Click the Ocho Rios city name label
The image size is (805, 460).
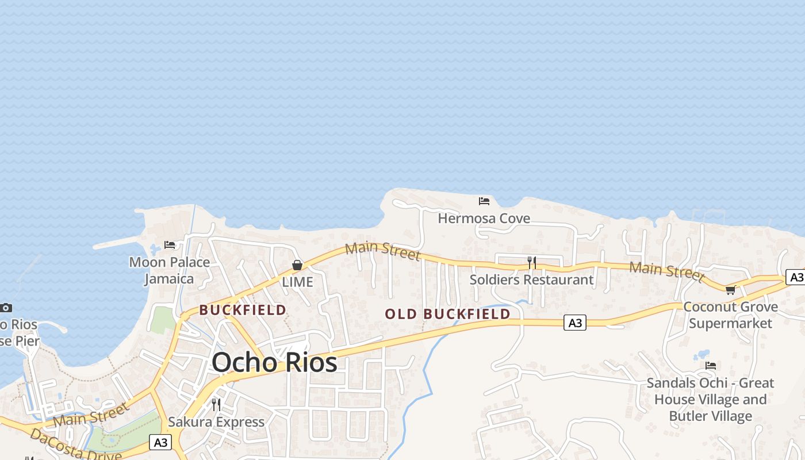tap(274, 362)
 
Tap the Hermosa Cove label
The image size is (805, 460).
tap(484, 218)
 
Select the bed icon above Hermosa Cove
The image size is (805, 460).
tap(484, 201)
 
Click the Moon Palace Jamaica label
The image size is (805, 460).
tap(169, 270)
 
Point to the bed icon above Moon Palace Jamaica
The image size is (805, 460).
tap(170, 245)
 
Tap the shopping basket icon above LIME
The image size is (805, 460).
tap(297, 265)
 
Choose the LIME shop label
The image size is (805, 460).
tap(297, 282)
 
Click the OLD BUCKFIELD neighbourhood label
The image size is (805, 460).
tap(447, 314)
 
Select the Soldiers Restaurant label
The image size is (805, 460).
tap(531, 280)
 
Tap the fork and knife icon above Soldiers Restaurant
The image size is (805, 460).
tap(532, 263)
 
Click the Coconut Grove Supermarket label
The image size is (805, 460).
tap(730, 315)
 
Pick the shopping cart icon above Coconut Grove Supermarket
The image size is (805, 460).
tap(731, 290)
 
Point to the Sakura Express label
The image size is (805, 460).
tap(216, 422)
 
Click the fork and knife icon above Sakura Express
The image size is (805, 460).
tap(216, 405)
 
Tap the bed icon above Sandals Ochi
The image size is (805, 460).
tap(711, 366)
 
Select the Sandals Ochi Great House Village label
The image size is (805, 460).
tap(710, 399)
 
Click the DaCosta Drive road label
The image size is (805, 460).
tap(75, 446)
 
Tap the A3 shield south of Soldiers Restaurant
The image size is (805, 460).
tap(575, 323)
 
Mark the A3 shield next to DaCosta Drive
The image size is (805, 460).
tap(160, 442)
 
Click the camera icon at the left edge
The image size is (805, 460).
tap(6, 308)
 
